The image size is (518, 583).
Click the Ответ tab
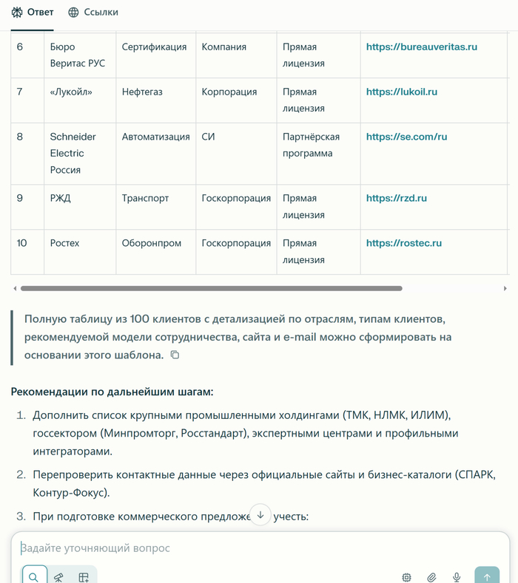33,12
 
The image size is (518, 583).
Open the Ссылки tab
92,12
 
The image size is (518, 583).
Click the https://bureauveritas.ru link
421,47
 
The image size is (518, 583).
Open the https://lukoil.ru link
401,92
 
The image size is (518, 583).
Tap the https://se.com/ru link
406,137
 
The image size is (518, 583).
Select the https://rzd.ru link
396,198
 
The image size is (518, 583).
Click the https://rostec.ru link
403,243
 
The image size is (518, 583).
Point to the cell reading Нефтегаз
142,92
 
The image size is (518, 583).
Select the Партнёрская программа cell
311,145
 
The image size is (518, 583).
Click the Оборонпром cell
151,243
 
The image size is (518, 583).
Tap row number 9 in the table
20,198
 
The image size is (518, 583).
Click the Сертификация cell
154,47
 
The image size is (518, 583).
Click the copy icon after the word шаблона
175,355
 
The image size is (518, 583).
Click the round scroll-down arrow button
260,515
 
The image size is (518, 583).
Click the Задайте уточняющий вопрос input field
222,548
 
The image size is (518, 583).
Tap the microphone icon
457,577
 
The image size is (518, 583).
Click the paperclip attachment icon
431,577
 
